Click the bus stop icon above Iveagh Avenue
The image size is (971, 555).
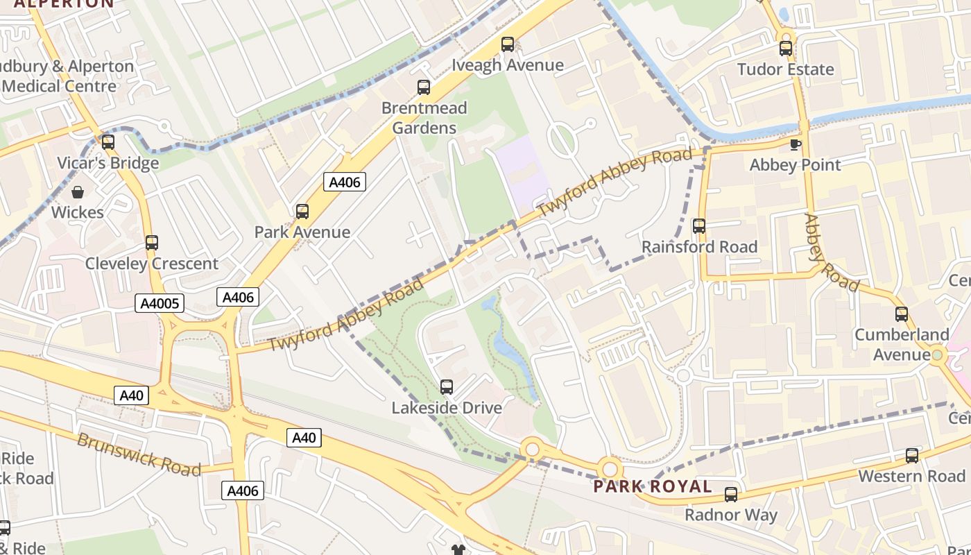click(x=508, y=44)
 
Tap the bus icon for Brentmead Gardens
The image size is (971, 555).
click(x=423, y=87)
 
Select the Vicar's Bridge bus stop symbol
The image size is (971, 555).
click(x=108, y=142)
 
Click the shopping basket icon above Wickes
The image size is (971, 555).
click(x=78, y=191)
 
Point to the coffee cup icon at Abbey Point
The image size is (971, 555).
click(x=795, y=144)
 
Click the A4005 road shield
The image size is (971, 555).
click(x=160, y=303)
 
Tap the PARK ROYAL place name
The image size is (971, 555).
click(x=653, y=486)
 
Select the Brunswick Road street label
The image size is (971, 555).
click(x=139, y=454)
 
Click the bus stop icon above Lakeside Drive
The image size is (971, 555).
click(x=447, y=386)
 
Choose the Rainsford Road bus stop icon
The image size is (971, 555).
click(x=699, y=225)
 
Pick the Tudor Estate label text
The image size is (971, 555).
click(x=785, y=69)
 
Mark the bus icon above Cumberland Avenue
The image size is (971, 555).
click(x=901, y=314)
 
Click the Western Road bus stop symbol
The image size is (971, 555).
click(x=911, y=455)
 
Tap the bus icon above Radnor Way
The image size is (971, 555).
click(x=731, y=494)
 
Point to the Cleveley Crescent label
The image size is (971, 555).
click(x=151, y=264)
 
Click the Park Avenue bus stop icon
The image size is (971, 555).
click(x=302, y=211)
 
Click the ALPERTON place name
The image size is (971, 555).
click(x=64, y=3)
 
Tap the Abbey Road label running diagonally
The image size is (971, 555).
click(x=831, y=253)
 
